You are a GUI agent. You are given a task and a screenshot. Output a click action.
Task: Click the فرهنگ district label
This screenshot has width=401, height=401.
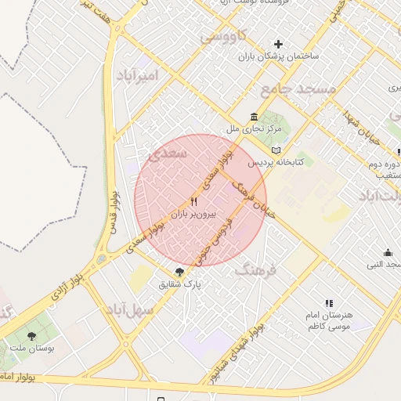click(256, 271)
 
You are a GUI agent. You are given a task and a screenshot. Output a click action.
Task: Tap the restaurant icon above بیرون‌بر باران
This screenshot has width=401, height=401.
click(193, 200)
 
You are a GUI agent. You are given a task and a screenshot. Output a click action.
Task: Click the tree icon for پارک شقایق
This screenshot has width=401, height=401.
click(180, 271)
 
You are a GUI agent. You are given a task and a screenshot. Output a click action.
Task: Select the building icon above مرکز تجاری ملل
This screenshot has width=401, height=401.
click(255, 117)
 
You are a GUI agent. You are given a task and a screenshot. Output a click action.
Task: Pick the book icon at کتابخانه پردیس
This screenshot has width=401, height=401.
click(275, 150)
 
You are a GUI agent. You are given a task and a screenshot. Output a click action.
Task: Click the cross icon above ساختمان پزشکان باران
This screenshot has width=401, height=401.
click(277, 44)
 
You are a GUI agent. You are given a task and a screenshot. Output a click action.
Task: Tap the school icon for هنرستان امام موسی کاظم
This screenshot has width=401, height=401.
click(329, 303)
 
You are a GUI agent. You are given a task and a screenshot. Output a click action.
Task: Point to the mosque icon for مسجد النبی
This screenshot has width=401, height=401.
click(388, 252)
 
